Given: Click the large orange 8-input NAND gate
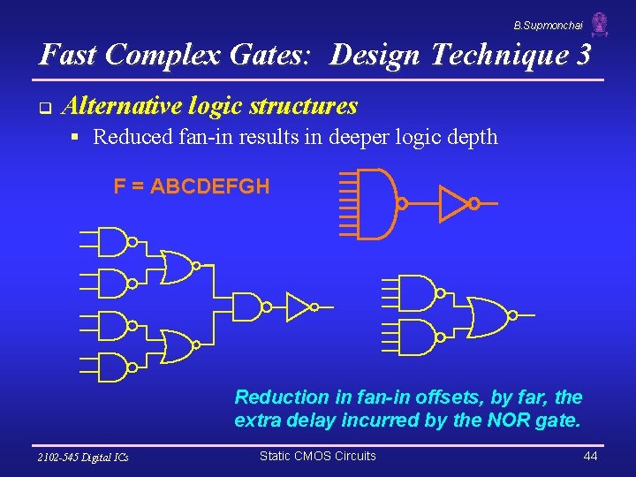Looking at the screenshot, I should point(377,203).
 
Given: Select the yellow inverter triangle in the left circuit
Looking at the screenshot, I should point(299,307).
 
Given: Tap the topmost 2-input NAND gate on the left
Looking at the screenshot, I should point(112,240).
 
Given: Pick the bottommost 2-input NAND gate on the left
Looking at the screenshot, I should point(112,367).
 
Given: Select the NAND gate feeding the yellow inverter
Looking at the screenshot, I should point(248,307).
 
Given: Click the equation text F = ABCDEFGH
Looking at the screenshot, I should point(192,186).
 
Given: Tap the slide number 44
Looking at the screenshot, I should point(591,456).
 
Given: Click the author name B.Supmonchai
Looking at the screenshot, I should point(549,27).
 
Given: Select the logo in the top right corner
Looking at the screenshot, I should point(601,24).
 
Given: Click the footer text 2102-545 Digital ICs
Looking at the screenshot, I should point(83,457).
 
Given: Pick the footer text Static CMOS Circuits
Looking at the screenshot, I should point(317,456).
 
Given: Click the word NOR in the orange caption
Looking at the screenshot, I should point(506,420).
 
